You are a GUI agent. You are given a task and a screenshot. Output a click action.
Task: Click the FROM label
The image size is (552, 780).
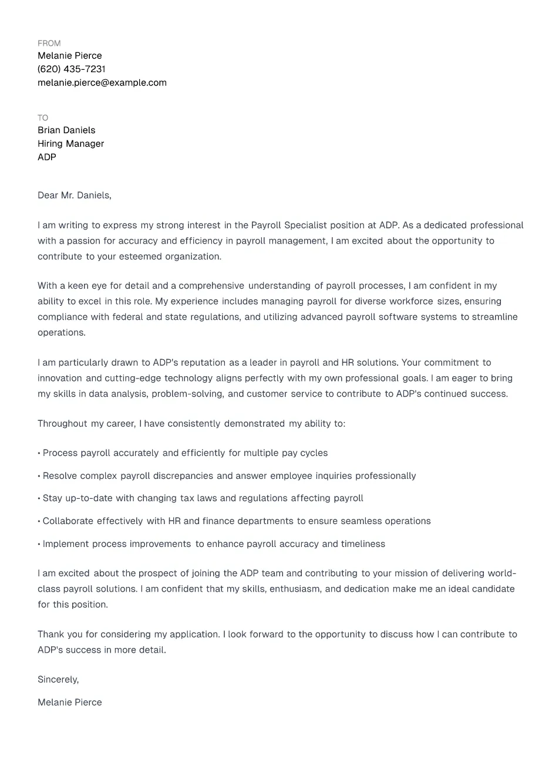coord(49,43)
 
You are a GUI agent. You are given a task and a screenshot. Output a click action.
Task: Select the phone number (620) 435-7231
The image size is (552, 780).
coord(72,69)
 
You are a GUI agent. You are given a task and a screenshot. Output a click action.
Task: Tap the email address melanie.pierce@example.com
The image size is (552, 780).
coord(102,83)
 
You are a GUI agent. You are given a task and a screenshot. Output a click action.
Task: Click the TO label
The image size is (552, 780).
coord(43,118)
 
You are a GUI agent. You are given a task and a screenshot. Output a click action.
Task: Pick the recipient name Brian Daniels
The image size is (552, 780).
coord(66,130)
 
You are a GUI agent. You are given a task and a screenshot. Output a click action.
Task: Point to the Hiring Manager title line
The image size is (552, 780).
coord(70,144)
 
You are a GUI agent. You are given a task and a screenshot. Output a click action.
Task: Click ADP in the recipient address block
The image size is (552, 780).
coord(47,157)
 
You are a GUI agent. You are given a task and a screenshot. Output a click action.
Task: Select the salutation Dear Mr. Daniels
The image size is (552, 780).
coord(75,195)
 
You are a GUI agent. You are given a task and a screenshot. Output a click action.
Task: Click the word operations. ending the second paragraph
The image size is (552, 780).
coord(62,333)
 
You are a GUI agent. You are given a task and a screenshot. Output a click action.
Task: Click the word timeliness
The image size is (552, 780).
coord(363,544)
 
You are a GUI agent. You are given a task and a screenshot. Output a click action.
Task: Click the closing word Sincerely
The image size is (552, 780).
coord(58,680)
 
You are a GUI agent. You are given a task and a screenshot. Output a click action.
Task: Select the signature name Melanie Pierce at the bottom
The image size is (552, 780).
coord(70,703)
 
